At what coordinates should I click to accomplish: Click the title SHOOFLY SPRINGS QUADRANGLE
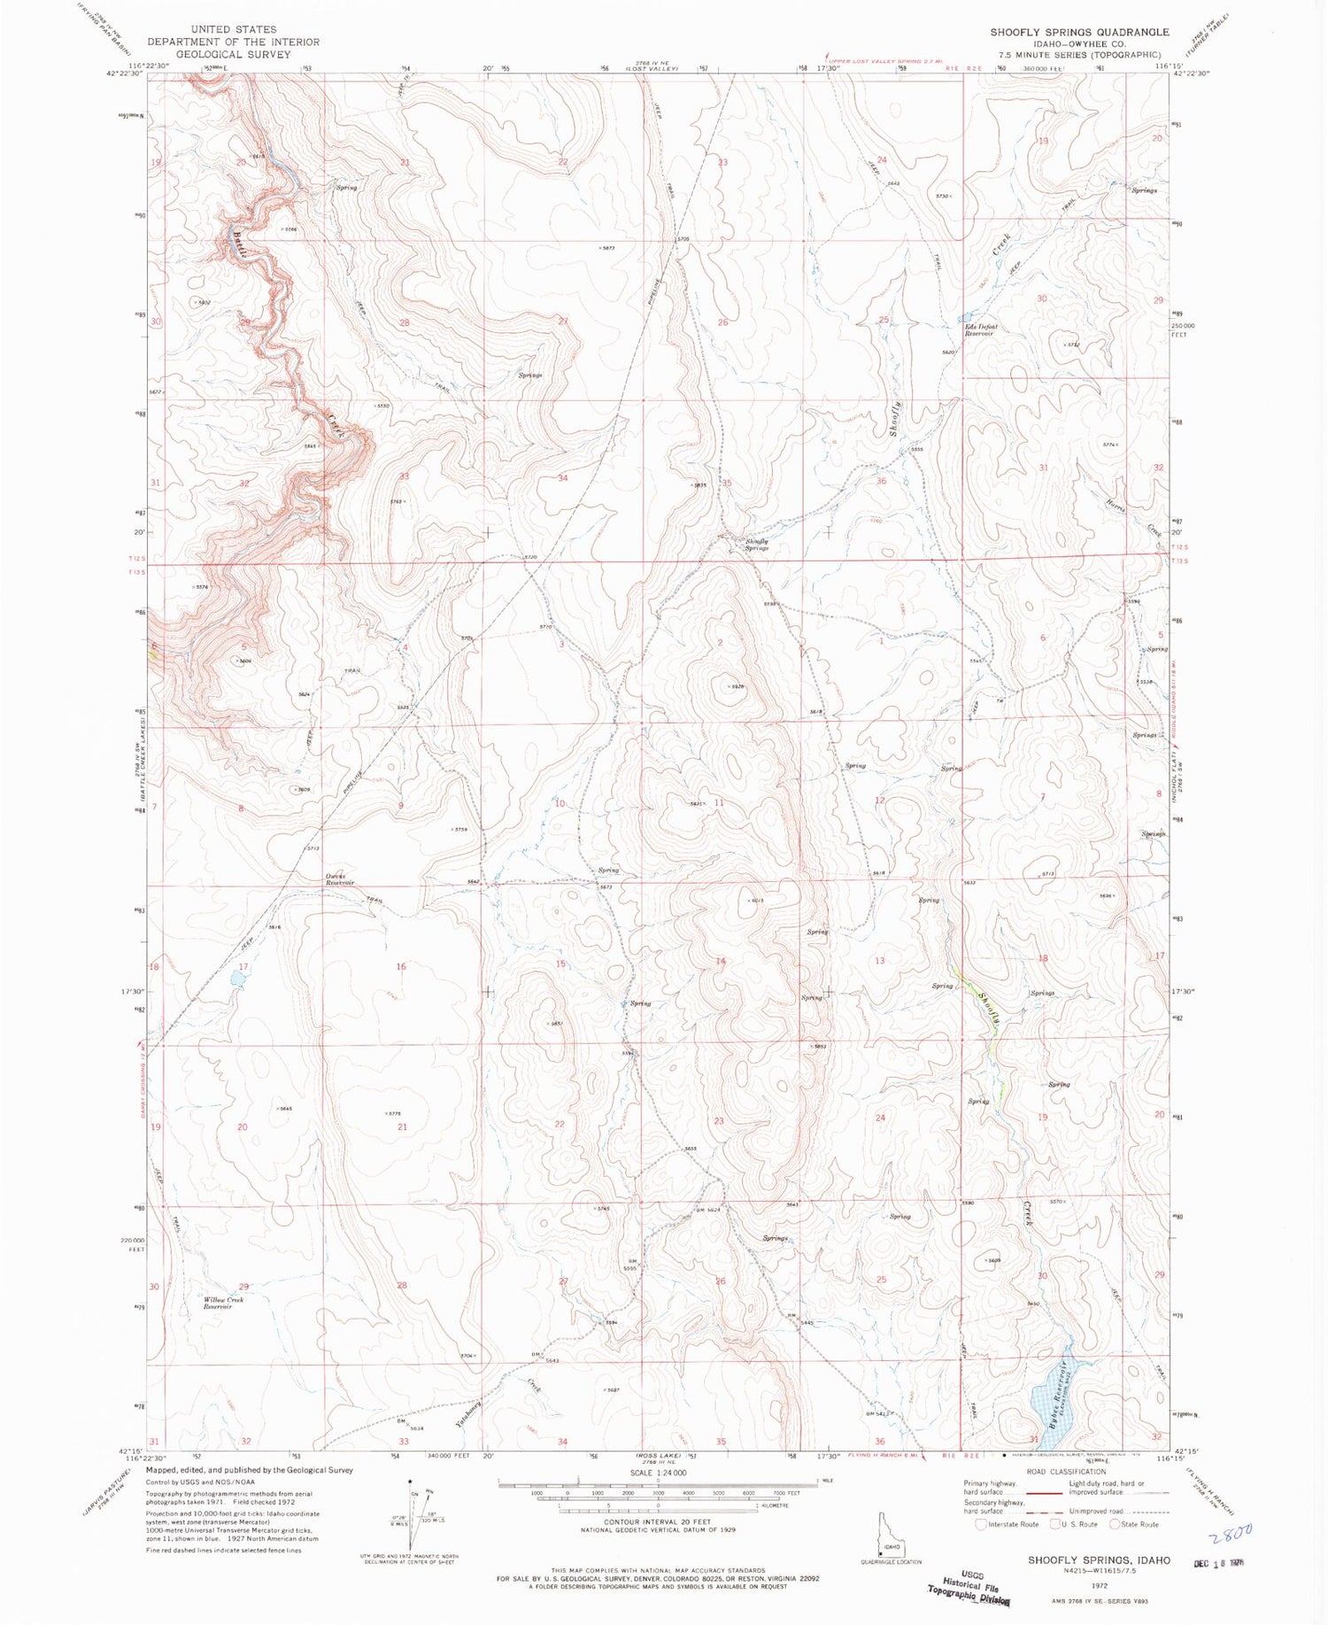click(1079, 32)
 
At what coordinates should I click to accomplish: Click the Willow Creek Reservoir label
click(223, 1303)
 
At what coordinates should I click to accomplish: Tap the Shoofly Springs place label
click(756, 545)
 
